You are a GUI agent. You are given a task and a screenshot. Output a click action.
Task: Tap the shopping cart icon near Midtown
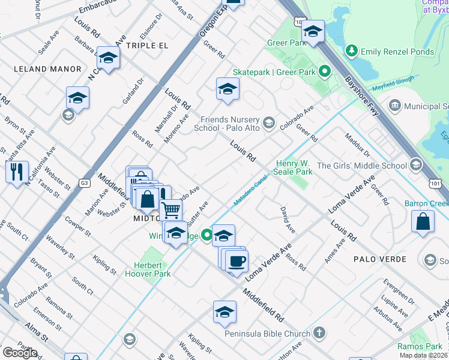pyautogui.click(x=171, y=210)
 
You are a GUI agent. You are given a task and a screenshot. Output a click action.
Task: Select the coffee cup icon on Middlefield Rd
pyautogui.click(x=238, y=260)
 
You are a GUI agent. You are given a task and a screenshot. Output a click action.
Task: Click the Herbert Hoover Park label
pyautogui.click(x=148, y=269)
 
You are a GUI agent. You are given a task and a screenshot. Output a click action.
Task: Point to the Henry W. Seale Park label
pyautogui.click(x=294, y=167)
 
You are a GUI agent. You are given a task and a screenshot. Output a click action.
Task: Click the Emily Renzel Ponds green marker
pyautogui.click(x=352, y=52)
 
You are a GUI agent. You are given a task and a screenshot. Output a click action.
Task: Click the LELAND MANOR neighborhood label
pyautogui.click(x=47, y=69)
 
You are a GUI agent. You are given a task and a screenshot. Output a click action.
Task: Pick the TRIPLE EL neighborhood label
pyautogui.click(x=146, y=45)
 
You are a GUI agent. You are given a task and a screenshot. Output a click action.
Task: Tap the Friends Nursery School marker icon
pyautogui.click(x=268, y=123)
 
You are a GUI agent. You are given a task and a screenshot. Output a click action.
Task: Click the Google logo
pyautogui.click(x=20, y=353)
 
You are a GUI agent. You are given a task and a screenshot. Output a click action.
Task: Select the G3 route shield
pyautogui.click(x=85, y=183)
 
